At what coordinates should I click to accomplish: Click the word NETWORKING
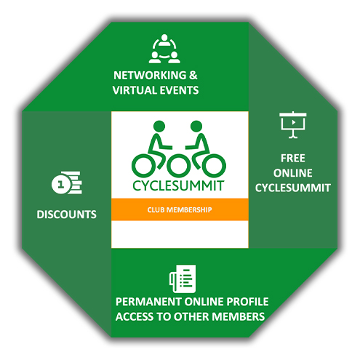pyautogui.click(x=150, y=76)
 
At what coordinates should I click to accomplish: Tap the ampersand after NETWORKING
pyautogui.click(x=193, y=76)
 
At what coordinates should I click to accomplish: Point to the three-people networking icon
pyautogui.click(x=164, y=49)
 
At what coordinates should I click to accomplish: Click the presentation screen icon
pyautogui.click(x=293, y=124)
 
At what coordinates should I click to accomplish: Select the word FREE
pyautogui.click(x=293, y=159)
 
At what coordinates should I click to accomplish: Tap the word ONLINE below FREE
pyautogui.click(x=293, y=173)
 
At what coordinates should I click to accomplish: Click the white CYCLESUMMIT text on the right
pyautogui.click(x=293, y=188)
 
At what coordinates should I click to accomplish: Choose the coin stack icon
pyautogui.click(x=67, y=183)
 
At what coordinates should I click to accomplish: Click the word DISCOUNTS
pyautogui.click(x=66, y=215)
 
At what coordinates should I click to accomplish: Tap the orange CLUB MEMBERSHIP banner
pyautogui.click(x=180, y=209)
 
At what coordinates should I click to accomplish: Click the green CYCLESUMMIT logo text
pyautogui.click(x=178, y=186)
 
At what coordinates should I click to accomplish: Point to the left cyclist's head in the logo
pyautogui.click(x=159, y=127)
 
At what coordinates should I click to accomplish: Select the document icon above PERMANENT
pyautogui.click(x=183, y=279)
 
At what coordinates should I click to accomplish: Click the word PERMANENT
pyautogui.click(x=148, y=302)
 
